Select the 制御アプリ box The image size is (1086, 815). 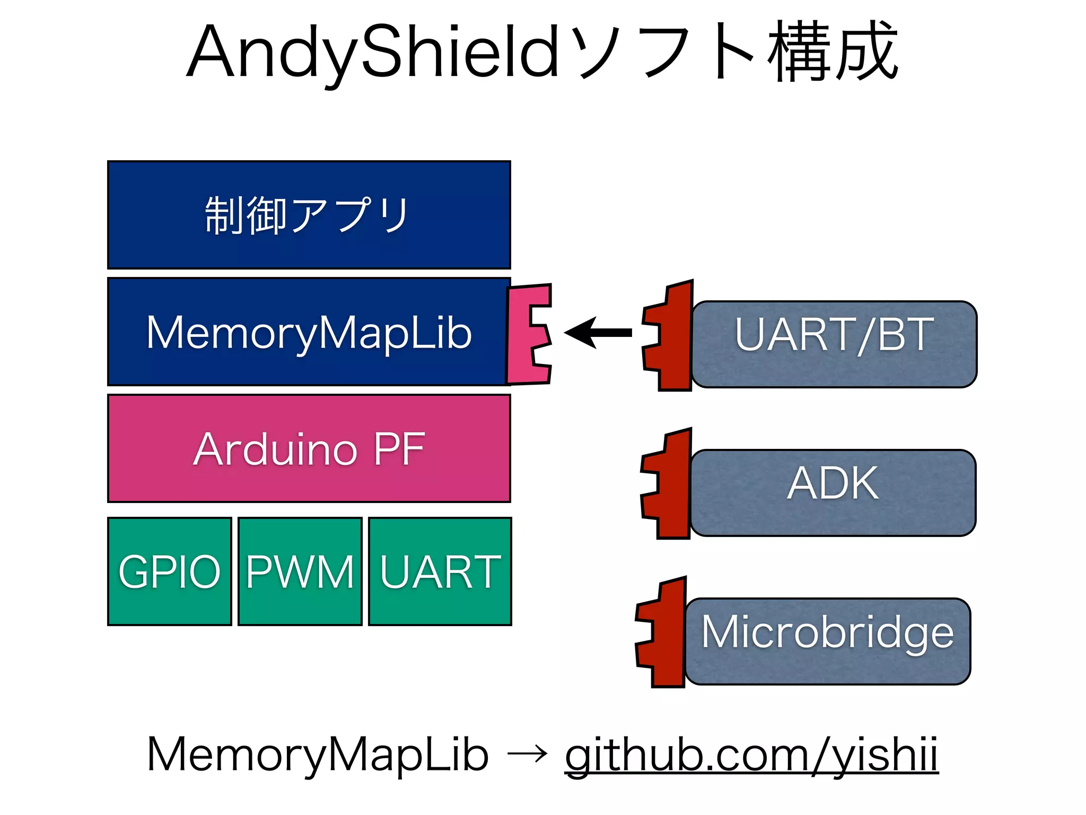click(309, 215)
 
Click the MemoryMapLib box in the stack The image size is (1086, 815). click(309, 332)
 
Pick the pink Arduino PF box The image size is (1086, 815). click(309, 448)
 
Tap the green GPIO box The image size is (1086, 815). click(169, 571)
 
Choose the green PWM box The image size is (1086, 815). click(300, 571)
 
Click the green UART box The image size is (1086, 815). click(440, 571)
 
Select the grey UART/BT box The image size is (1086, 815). click(834, 344)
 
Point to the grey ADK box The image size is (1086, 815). click(833, 493)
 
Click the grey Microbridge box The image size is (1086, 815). click(827, 641)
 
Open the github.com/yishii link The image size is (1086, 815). click(751, 755)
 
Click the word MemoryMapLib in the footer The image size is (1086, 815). click(317, 755)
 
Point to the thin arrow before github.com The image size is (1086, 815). click(527, 753)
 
